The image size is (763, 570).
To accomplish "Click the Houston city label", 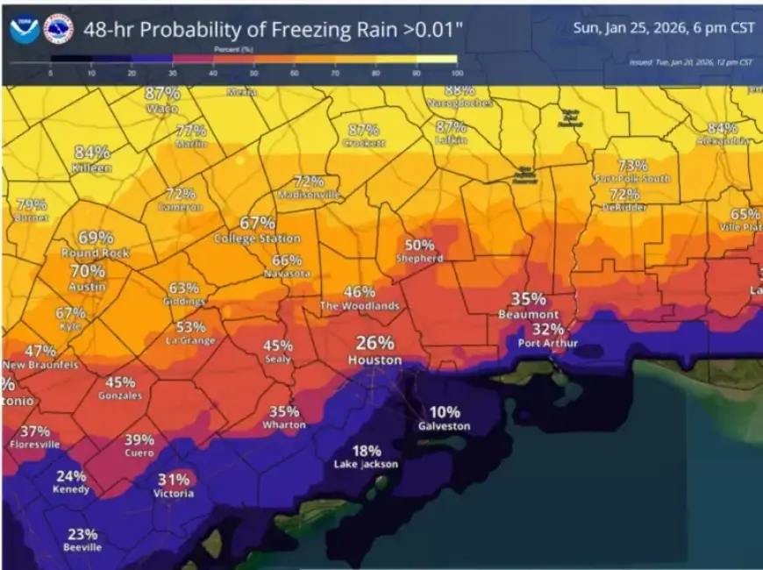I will pos(374,360).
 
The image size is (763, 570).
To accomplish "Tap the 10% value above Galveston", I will pos(444,412).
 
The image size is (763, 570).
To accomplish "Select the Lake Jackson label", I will pos(367,464).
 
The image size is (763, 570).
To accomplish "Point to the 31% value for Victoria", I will pos(174,479).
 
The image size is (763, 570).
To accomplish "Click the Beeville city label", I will pos(82,547).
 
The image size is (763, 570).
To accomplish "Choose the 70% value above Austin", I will pos(88,271).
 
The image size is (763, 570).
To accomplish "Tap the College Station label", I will pos(257,239).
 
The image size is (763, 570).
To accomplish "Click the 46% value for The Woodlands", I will pos(360,292).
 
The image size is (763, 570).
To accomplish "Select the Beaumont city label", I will pos(528,314).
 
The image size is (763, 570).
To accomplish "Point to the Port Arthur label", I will pos(547,343).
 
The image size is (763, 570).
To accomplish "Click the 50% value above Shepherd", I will pos(419,245).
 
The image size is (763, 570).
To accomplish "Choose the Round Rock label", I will pos(96,253).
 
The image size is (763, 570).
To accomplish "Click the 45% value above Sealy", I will pos(278,346).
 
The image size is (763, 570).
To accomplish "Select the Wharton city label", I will pos(284,424).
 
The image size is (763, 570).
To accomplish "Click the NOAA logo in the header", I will pos(24,29).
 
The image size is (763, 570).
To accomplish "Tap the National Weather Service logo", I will pos(58,29).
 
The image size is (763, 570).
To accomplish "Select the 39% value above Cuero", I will pos(139,439).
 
